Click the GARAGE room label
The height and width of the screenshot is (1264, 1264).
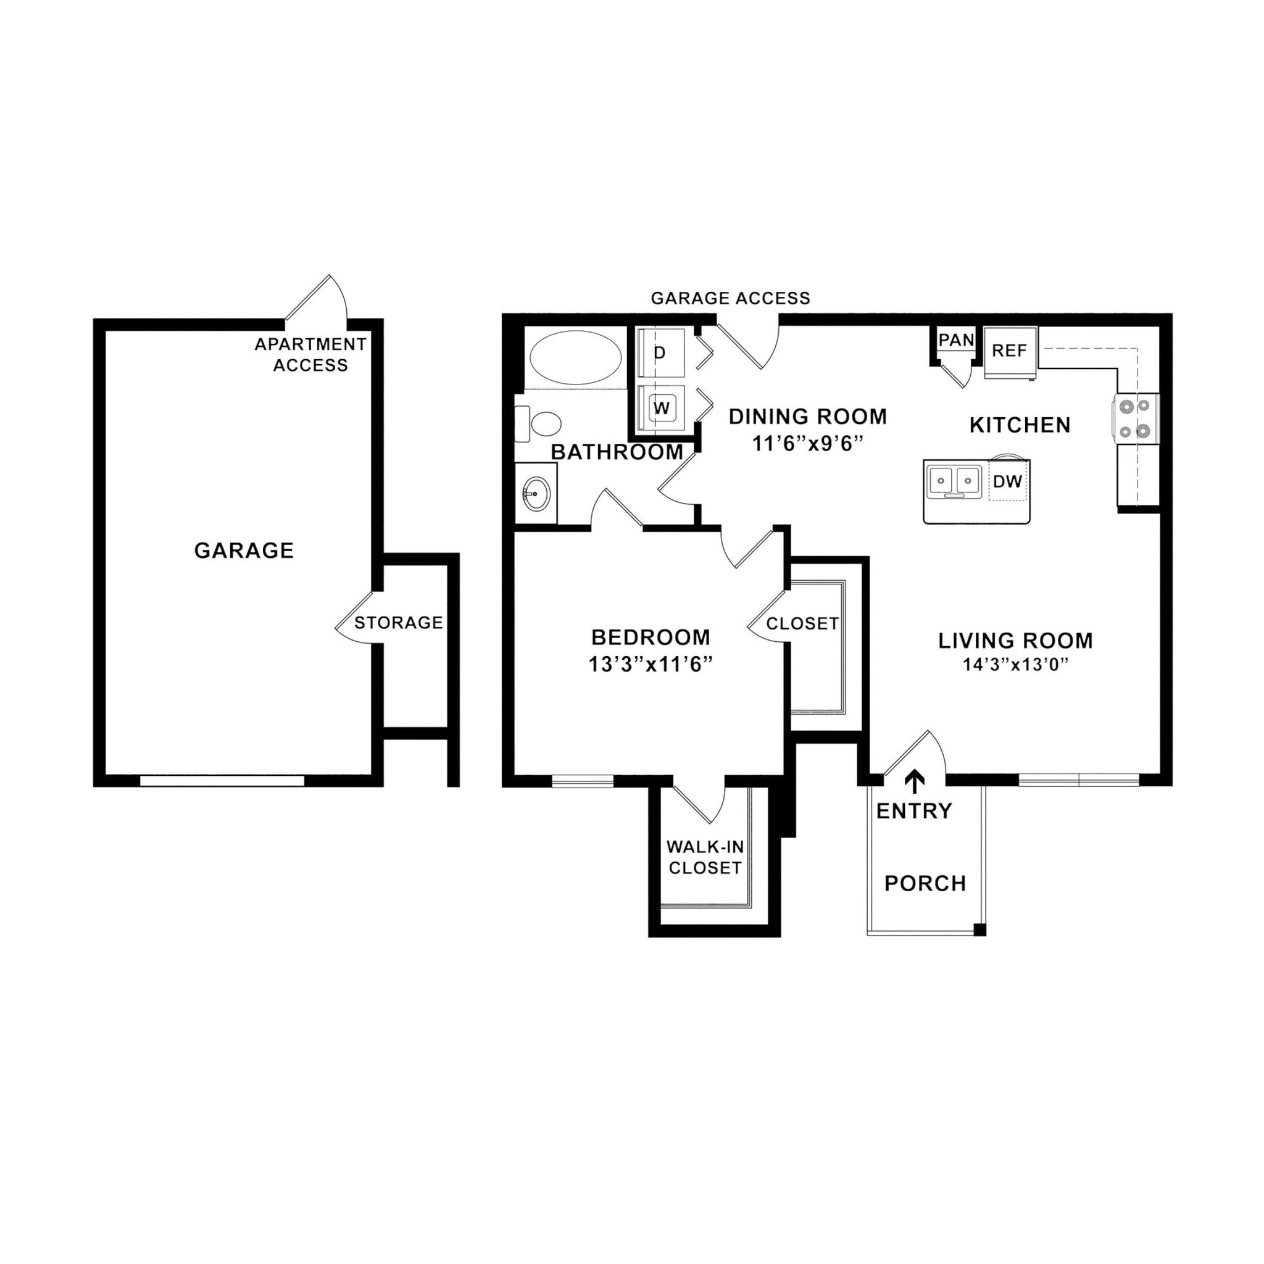coord(243,551)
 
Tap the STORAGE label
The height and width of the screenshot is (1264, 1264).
coord(399,622)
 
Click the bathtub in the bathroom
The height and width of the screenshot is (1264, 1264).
coord(575,359)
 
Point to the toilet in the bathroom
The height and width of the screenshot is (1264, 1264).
coord(541,423)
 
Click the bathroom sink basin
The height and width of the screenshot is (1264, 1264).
coord(536,494)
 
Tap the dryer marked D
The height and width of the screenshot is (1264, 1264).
coord(661,353)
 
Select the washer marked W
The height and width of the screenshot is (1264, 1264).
coord(662,408)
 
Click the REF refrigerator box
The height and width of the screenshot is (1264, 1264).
coord(1009,351)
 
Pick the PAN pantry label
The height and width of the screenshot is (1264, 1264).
coord(956,340)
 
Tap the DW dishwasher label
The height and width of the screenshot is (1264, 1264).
coord(1007,481)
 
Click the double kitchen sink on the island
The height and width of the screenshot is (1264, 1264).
coord(955,480)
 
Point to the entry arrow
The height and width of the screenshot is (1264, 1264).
coord(915,781)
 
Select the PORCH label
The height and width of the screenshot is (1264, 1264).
coord(925,883)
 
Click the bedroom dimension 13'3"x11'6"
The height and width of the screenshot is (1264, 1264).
coord(650,665)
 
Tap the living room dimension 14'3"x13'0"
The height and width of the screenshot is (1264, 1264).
coord(1015,665)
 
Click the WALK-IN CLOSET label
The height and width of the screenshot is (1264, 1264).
coord(705,857)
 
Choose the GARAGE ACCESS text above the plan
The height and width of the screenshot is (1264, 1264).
coord(730,298)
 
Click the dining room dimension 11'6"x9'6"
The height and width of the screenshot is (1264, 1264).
coord(808,444)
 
